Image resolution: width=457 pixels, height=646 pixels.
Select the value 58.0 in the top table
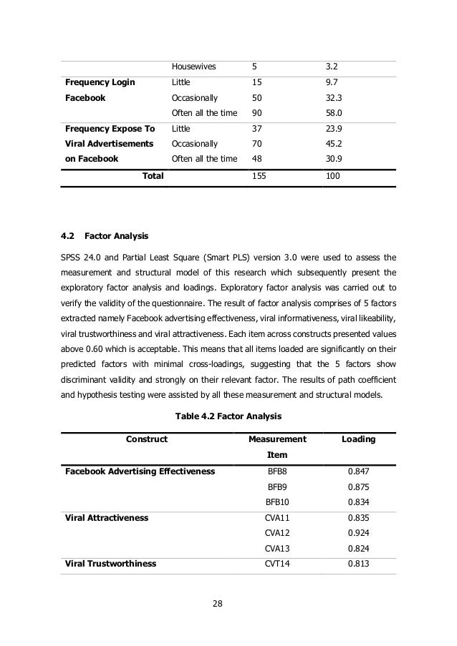pos(334,112)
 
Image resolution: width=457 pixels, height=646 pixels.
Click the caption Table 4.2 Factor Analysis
pos(228,416)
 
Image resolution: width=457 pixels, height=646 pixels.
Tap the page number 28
pos(218,605)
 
